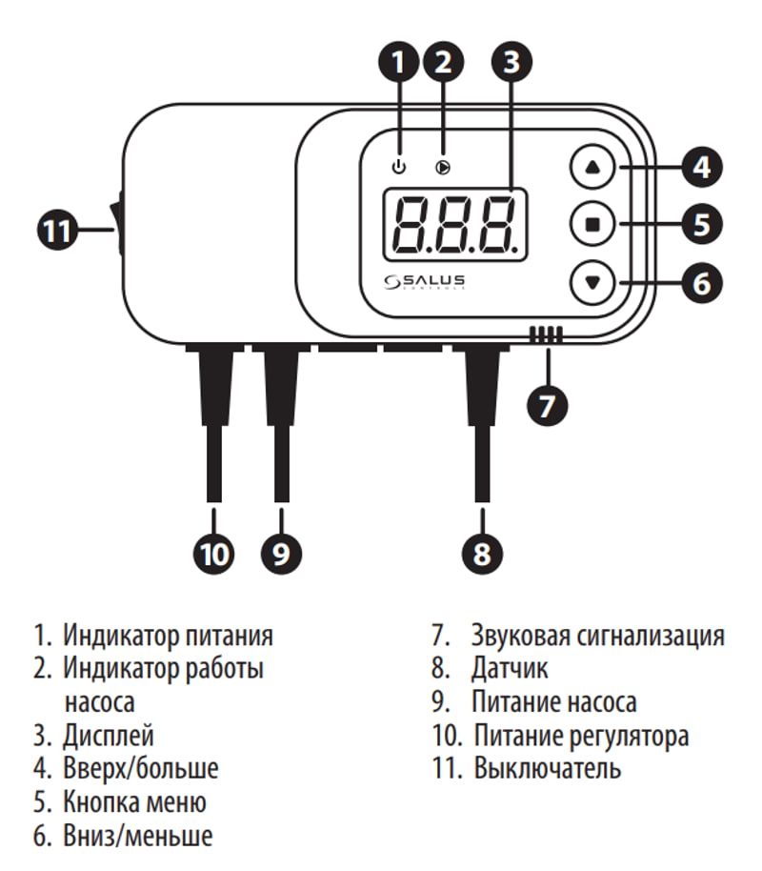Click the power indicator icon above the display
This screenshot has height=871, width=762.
point(399,168)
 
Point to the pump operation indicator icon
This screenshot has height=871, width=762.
point(442,168)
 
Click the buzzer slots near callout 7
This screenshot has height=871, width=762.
point(546,334)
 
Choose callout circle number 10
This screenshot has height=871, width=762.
point(213,553)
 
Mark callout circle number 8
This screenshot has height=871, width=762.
point(482,553)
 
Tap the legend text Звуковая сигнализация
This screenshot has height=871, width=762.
point(597,636)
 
